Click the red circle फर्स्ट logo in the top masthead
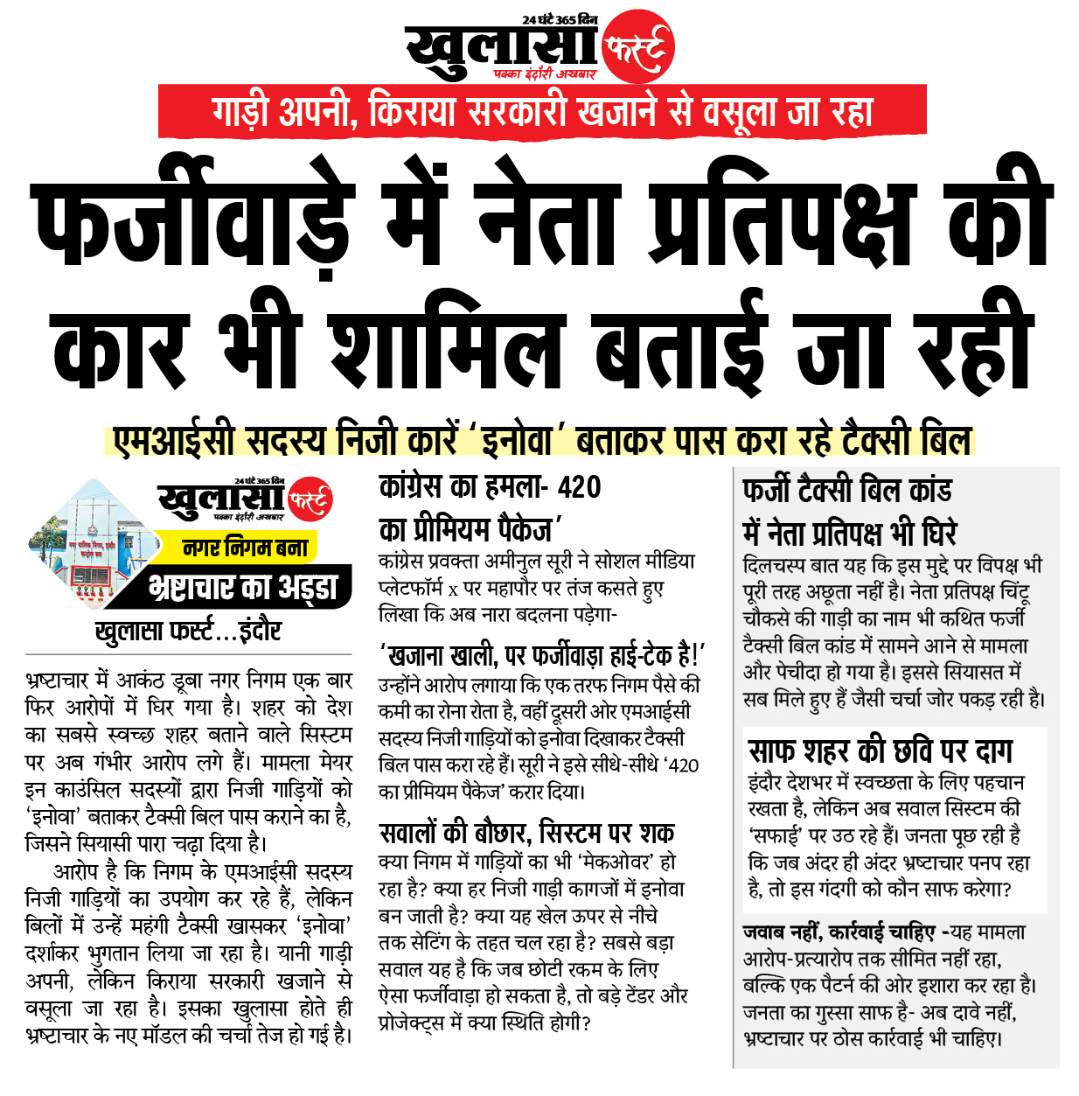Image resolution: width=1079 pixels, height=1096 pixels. (x=639, y=46)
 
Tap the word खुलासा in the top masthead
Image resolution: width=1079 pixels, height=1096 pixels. (x=499, y=49)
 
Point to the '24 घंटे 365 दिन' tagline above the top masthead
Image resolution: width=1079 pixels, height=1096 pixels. (x=560, y=18)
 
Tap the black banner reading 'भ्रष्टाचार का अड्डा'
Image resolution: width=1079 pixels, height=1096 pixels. (x=242, y=587)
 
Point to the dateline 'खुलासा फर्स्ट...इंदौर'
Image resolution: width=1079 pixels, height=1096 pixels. (x=188, y=631)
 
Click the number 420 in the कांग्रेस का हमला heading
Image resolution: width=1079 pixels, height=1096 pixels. (x=579, y=486)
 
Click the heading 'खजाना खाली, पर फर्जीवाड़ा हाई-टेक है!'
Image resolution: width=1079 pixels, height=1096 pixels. (x=541, y=655)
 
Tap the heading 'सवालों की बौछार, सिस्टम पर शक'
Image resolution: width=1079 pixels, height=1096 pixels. (x=526, y=832)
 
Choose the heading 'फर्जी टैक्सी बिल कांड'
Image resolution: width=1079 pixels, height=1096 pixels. (x=846, y=490)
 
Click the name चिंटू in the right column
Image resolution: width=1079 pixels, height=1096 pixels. (x=1013, y=591)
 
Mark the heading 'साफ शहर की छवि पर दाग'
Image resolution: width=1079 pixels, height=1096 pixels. (x=881, y=750)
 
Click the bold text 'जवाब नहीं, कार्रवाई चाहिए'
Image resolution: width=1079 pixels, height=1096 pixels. (x=839, y=932)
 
